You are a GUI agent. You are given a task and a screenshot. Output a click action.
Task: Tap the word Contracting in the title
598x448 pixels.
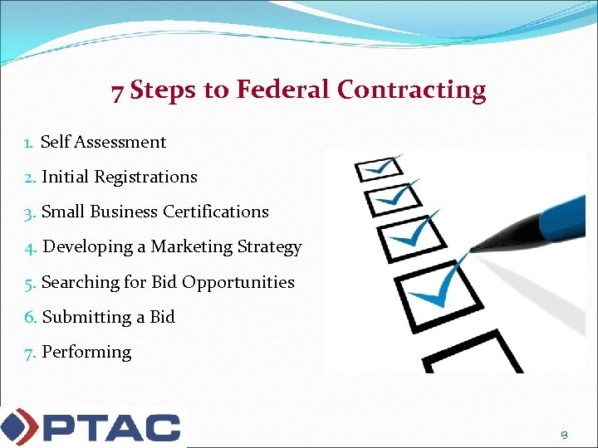(412, 90)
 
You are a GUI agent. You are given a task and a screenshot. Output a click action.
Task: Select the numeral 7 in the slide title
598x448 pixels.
(118, 91)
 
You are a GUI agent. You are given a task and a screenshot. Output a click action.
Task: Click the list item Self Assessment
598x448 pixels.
(103, 142)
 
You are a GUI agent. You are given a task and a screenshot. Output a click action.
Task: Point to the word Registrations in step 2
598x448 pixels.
(145, 177)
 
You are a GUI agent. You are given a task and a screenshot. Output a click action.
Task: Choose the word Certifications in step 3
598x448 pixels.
(216, 212)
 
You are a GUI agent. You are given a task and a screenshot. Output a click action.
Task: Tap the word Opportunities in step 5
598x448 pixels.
(238, 282)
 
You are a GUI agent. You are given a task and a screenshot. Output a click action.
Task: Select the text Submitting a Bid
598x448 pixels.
(108, 317)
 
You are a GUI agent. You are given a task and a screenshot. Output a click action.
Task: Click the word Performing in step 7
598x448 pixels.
(86, 352)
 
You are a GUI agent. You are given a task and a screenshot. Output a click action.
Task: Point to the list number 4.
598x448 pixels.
(31, 247)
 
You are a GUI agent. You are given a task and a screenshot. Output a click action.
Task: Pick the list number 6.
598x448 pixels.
(31, 317)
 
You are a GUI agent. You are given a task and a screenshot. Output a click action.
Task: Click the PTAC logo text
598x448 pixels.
(110, 426)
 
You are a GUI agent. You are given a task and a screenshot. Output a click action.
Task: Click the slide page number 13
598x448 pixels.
(564, 434)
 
